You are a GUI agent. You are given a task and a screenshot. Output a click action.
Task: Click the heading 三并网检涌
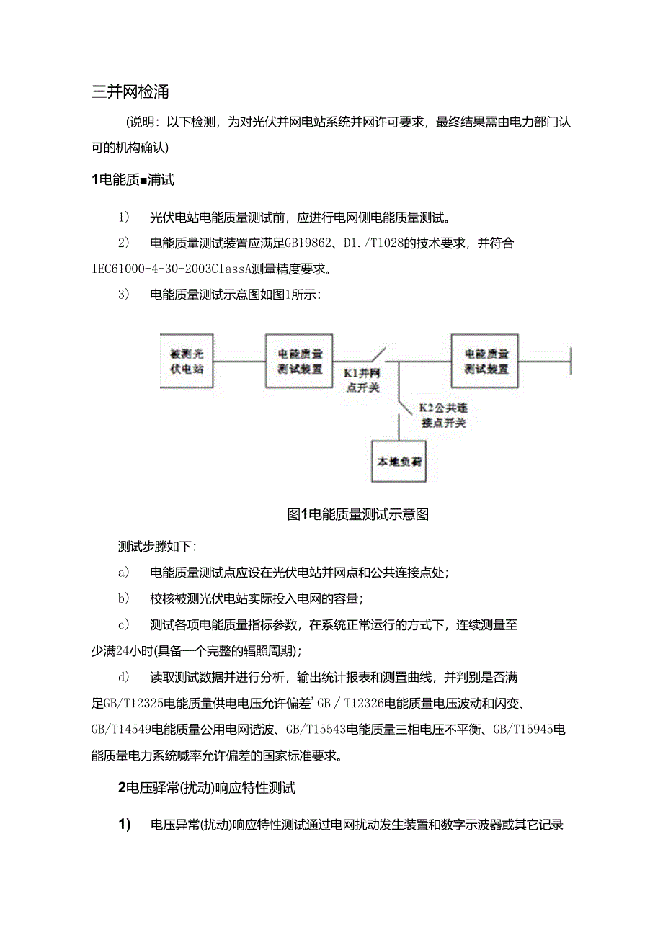pos(130,92)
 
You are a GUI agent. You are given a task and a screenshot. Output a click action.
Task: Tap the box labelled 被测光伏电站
pos(187,362)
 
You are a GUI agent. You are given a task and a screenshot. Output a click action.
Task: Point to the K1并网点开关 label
pos(362,380)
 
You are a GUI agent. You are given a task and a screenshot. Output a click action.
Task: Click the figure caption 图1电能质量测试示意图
pos(358,514)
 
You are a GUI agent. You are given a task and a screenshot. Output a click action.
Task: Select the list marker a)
pos(123,573)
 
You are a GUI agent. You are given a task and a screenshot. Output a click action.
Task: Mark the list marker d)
pos(123,677)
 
